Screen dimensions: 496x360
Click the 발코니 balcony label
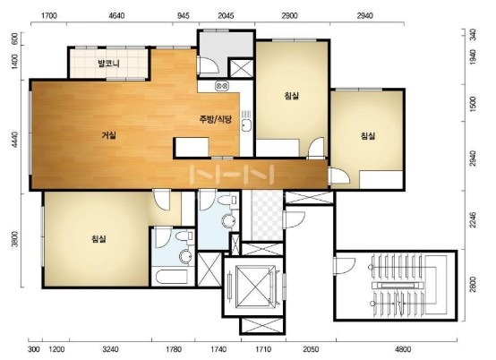pos(109,64)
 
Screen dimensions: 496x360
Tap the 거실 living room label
pos(109,135)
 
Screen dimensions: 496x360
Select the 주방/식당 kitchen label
pos(216,119)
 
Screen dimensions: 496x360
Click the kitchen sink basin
pos(246,125)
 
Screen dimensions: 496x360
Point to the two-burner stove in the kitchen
pos(222,85)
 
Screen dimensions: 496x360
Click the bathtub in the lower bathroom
pos(172,278)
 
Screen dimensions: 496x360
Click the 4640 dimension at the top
pos(116,15)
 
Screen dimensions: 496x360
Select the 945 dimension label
pos(184,15)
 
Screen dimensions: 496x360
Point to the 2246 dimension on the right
pos(473,219)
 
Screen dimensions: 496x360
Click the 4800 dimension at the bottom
pos(403,349)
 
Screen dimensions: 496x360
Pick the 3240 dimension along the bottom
pos(111,349)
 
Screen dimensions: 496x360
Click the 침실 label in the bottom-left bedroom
pos(98,239)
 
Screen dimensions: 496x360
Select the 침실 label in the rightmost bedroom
pos(368,136)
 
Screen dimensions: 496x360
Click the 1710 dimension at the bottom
pos(263,349)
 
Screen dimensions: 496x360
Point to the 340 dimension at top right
pos(473,34)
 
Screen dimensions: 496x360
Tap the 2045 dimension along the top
pos(226,15)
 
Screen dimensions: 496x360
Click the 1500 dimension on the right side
pos(473,105)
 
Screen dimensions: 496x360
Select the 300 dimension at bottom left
pos(34,349)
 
